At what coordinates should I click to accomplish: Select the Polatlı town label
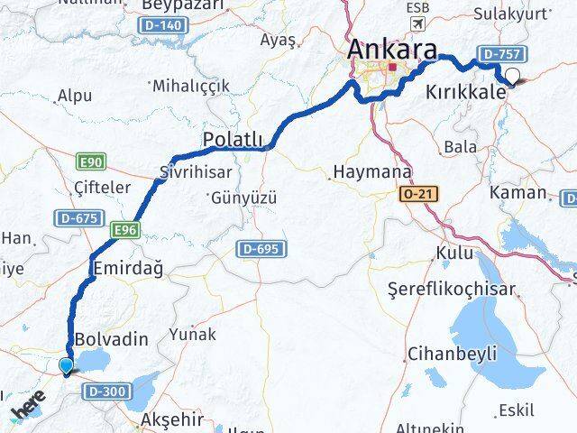(x=233, y=139)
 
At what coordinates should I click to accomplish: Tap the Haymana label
(x=372, y=171)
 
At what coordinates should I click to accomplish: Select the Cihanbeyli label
(x=446, y=353)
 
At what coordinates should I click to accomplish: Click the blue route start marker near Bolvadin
(x=66, y=365)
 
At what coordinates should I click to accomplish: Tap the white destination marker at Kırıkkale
(x=514, y=76)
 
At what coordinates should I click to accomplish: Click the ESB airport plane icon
(x=417, y=23)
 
